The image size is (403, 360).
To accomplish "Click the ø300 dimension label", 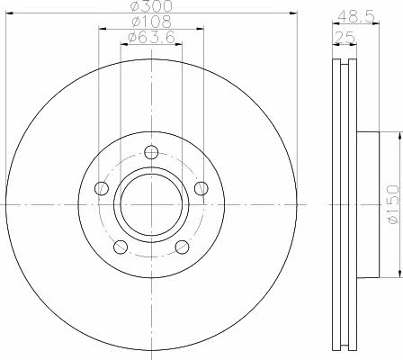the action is point(152,6).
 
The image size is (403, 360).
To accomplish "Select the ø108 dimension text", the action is point(151,22).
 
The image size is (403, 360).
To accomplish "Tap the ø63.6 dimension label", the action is point(151,38).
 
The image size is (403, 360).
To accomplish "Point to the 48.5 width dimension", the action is point(356,16).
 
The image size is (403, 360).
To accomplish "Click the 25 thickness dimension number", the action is point(345,38).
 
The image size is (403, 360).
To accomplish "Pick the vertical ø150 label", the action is point(394,204).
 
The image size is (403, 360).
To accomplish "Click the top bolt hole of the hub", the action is point(151,152).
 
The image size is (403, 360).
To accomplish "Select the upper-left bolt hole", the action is point(102,188).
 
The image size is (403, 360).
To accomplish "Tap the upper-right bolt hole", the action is point(201,188).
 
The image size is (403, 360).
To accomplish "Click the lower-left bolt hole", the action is point(121,247).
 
